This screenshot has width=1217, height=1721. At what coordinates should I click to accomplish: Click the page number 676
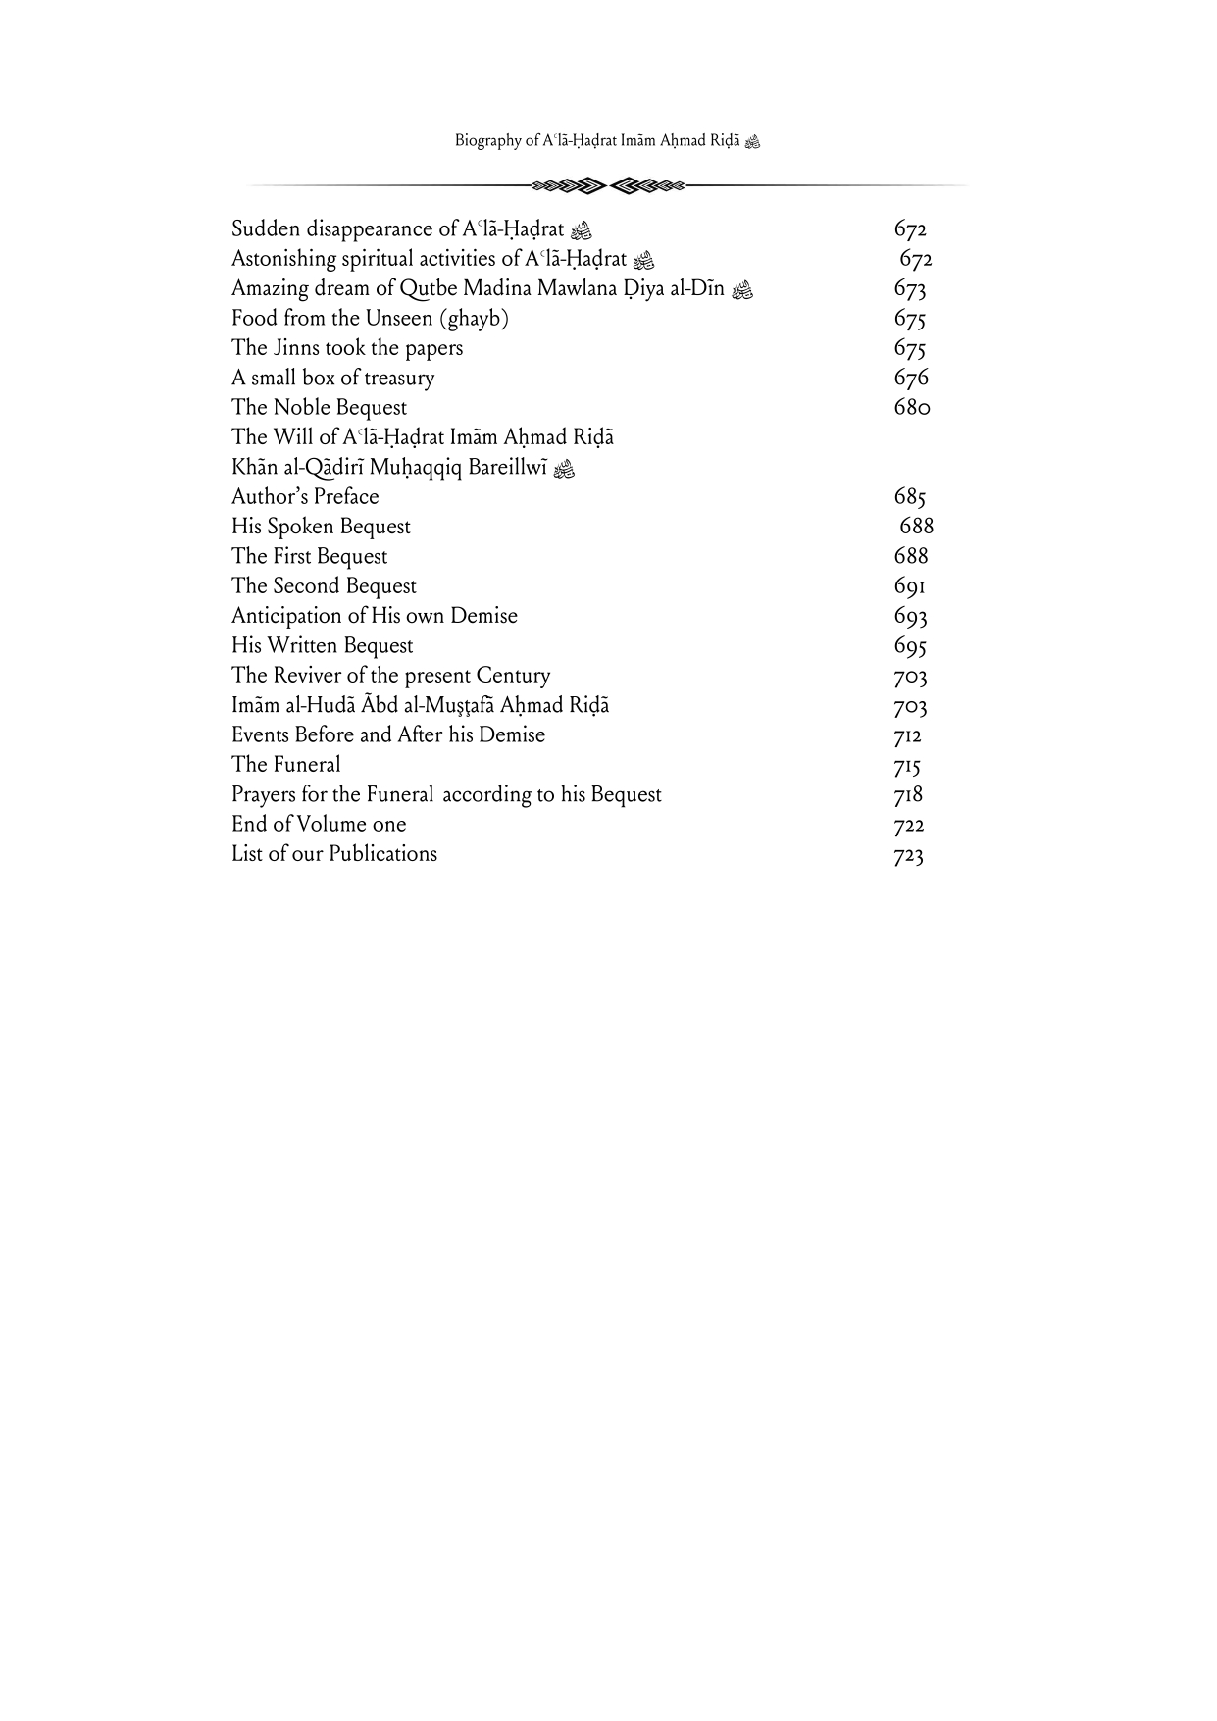(911, 379)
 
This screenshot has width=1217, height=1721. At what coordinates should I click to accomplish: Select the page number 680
(911, 408)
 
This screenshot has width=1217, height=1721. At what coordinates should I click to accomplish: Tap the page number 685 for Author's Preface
(910, 497)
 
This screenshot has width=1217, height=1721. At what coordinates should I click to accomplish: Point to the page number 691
(909, 586)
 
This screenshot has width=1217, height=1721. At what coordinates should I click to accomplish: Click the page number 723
(909, 855)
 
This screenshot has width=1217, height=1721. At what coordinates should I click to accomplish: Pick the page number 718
(908, 795)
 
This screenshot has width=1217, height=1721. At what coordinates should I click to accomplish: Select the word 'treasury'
(398, 379)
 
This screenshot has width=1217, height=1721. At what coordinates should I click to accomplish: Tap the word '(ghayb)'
(476, 319)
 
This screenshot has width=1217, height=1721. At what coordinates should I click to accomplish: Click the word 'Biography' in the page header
(487, 141)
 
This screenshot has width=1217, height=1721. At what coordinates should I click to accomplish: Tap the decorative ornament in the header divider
(607, 184)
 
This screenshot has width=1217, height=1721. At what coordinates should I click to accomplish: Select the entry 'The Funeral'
(286, 765)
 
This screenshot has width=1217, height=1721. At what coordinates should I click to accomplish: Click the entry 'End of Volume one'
(319, 825)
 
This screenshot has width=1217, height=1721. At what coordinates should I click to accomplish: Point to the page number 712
(907, 735)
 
